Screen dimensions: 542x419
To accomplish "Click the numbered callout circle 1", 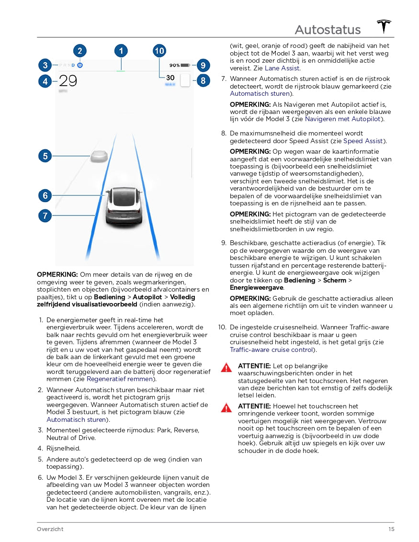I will tap(121, 51).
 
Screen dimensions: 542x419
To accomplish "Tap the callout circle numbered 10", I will tap(159, 51).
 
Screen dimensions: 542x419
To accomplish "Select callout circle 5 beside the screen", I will tap(45, 156).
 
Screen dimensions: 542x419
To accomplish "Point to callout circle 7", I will tap(45, 215).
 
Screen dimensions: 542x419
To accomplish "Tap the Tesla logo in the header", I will tap(384, 26).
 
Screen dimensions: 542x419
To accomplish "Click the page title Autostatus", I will tap(328, 30).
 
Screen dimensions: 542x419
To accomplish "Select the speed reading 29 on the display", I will tap(68, 81).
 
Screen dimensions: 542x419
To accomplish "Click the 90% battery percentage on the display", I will tap(174, 65).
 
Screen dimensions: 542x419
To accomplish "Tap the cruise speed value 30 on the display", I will tap(170, 78).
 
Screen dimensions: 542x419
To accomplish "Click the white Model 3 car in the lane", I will tap(124, 206).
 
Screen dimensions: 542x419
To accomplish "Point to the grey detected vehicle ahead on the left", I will tap(99, 157).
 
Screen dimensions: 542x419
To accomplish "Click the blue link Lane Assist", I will tap(282, 68).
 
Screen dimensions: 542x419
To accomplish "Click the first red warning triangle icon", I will tap(226, 368).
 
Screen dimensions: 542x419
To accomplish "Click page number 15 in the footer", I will tap(391, 529).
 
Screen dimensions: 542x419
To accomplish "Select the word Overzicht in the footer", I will tap(50, 529).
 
